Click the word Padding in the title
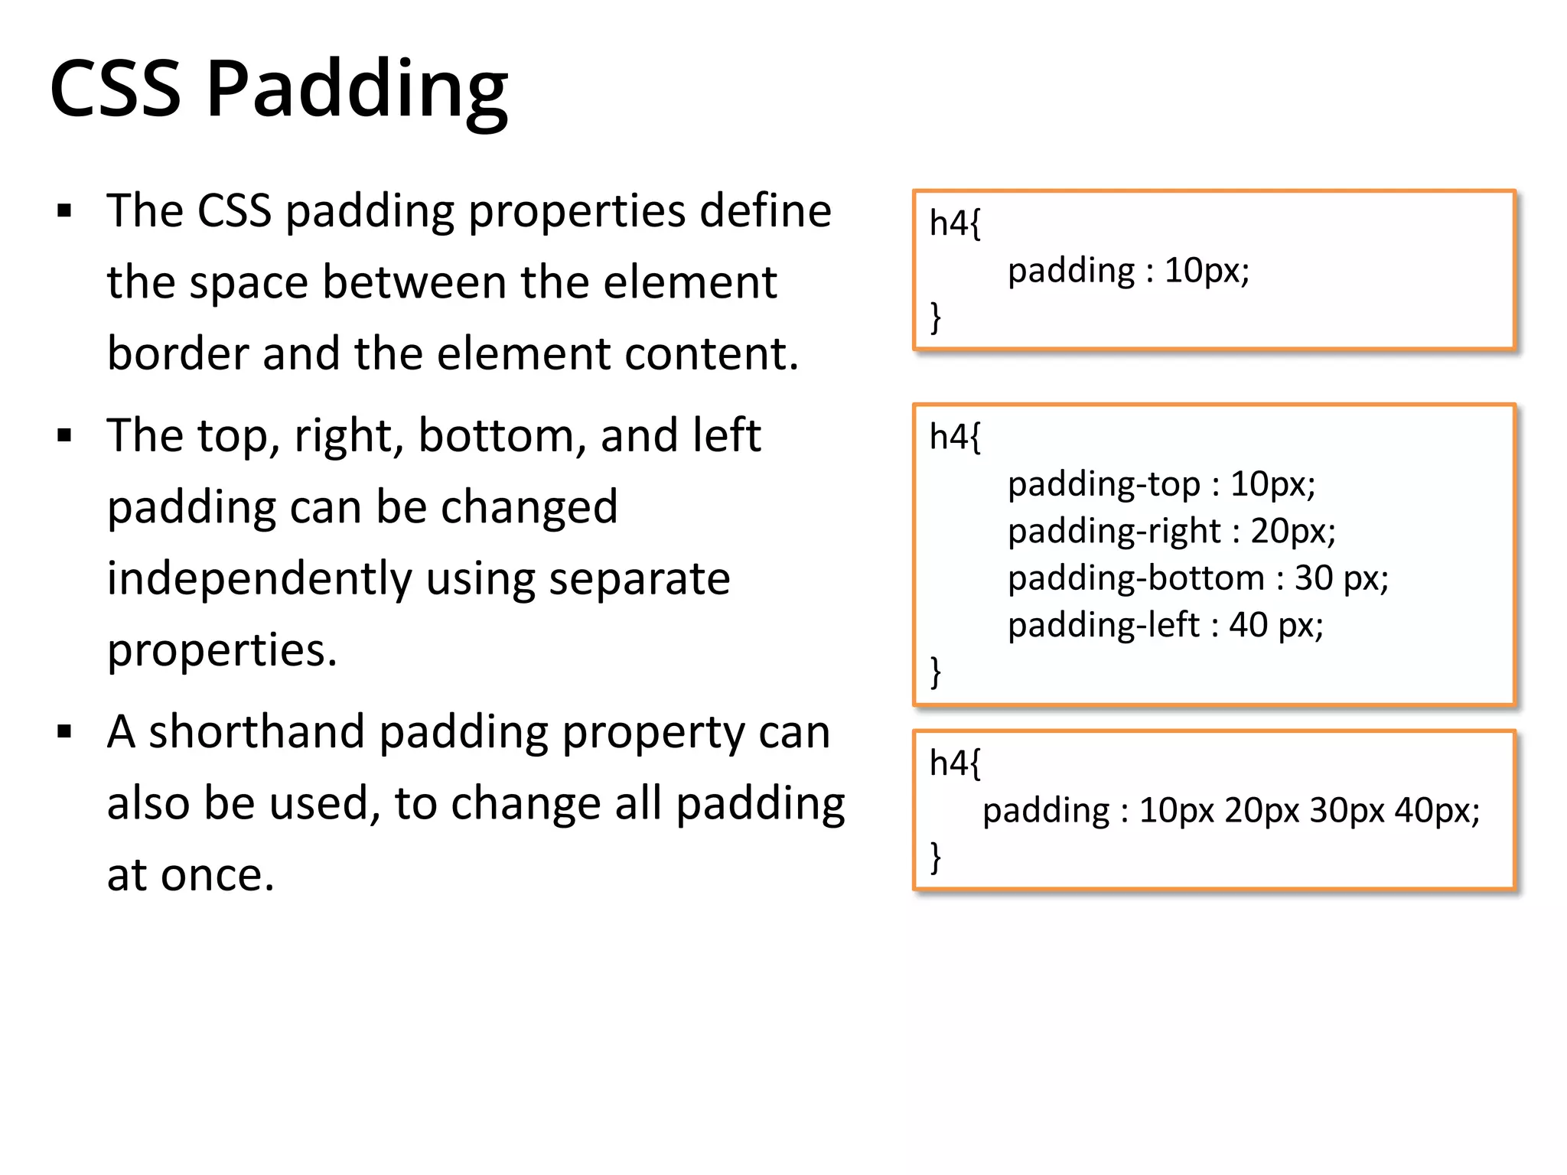coord(357,90)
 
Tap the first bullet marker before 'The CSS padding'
coord(64,211)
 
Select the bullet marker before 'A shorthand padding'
coord(64,732)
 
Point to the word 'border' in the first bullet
coord(178,353)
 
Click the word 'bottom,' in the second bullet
coord(502,435)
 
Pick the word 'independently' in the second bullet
coord(259,579)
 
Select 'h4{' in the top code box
coord(954,223)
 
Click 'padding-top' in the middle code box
coord(1103,484)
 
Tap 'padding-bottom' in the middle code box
coord(1135,578)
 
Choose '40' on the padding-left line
coord(1248,625)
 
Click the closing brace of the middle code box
coord(935,672)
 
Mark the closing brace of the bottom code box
coord(935,857)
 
